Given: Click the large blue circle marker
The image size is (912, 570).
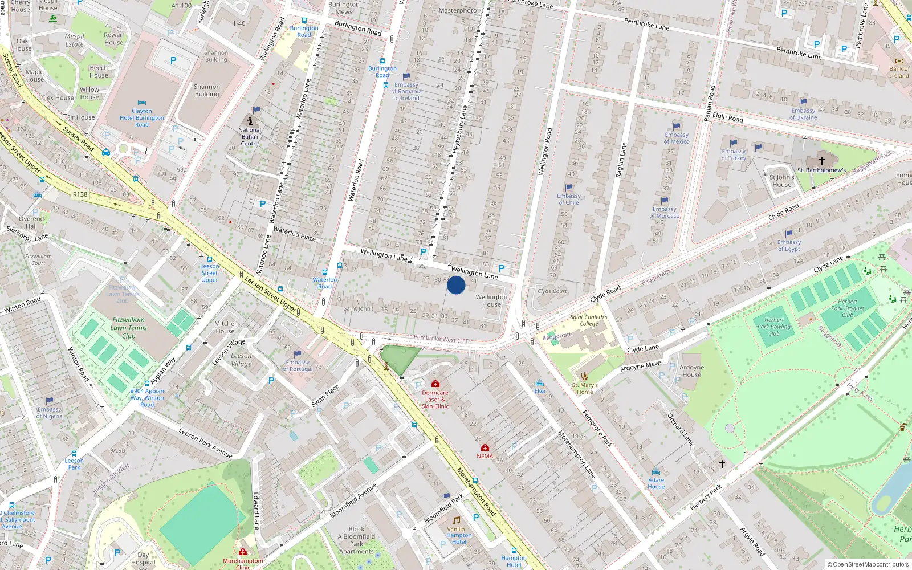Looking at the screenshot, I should coord(456,285).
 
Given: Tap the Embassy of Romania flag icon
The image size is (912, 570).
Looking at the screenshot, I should coord(406,76).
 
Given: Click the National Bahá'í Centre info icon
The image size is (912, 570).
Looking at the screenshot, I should coord(250,121).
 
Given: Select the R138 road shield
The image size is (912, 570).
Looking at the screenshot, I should coord(80,194).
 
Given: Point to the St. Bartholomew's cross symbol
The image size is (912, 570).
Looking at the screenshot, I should coord(822,161).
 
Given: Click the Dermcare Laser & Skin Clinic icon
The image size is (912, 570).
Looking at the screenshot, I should coord(435,384).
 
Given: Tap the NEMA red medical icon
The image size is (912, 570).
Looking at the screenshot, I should coord(485,448).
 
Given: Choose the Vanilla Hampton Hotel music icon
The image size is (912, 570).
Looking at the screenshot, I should coord(456,520).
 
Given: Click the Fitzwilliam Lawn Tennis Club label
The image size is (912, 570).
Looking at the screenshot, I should coord(128,328).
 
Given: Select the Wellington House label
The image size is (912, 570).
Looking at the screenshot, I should coord(491,300).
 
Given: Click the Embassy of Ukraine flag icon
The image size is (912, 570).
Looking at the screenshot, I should coord(803,103).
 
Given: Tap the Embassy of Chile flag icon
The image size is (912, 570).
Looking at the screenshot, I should coord(569,188).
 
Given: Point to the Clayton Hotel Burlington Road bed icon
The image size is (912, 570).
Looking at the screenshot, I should coord(142,103).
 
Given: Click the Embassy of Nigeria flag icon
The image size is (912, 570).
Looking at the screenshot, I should coord(50,401).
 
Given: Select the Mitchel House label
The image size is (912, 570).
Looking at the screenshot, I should coord(225,327).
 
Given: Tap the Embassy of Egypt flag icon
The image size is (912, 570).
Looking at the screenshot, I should coord(789,234).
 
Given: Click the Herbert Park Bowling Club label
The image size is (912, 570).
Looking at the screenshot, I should coord(773,327).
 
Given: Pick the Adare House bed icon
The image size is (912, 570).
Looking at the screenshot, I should coord(656,472).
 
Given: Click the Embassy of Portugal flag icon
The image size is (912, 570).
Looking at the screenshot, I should coord(298,354).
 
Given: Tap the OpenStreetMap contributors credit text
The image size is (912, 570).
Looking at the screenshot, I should coord(868,564).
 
